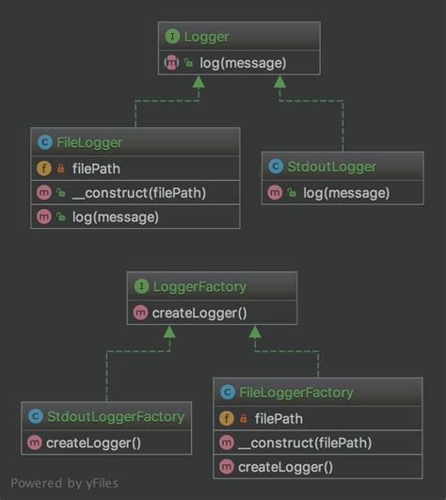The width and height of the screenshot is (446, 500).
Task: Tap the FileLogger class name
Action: [x=89, y=143]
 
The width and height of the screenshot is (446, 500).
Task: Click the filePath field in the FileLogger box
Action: [x=94, y=169]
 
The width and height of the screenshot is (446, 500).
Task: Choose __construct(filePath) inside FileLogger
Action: [x=137, y=193]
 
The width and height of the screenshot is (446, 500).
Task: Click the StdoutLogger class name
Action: [x=333, y=168]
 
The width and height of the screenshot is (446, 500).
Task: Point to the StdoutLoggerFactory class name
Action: [x=115, y=415]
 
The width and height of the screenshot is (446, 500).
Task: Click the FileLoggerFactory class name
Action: [x=296, y=393]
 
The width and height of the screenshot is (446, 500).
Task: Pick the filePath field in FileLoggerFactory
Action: [x=278, y=418]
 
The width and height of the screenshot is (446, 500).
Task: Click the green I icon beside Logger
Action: [x=172, y=38]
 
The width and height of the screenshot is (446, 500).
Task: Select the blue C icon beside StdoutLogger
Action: [x=276, y=168]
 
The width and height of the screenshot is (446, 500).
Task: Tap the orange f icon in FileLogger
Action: [x=43, y=169]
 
